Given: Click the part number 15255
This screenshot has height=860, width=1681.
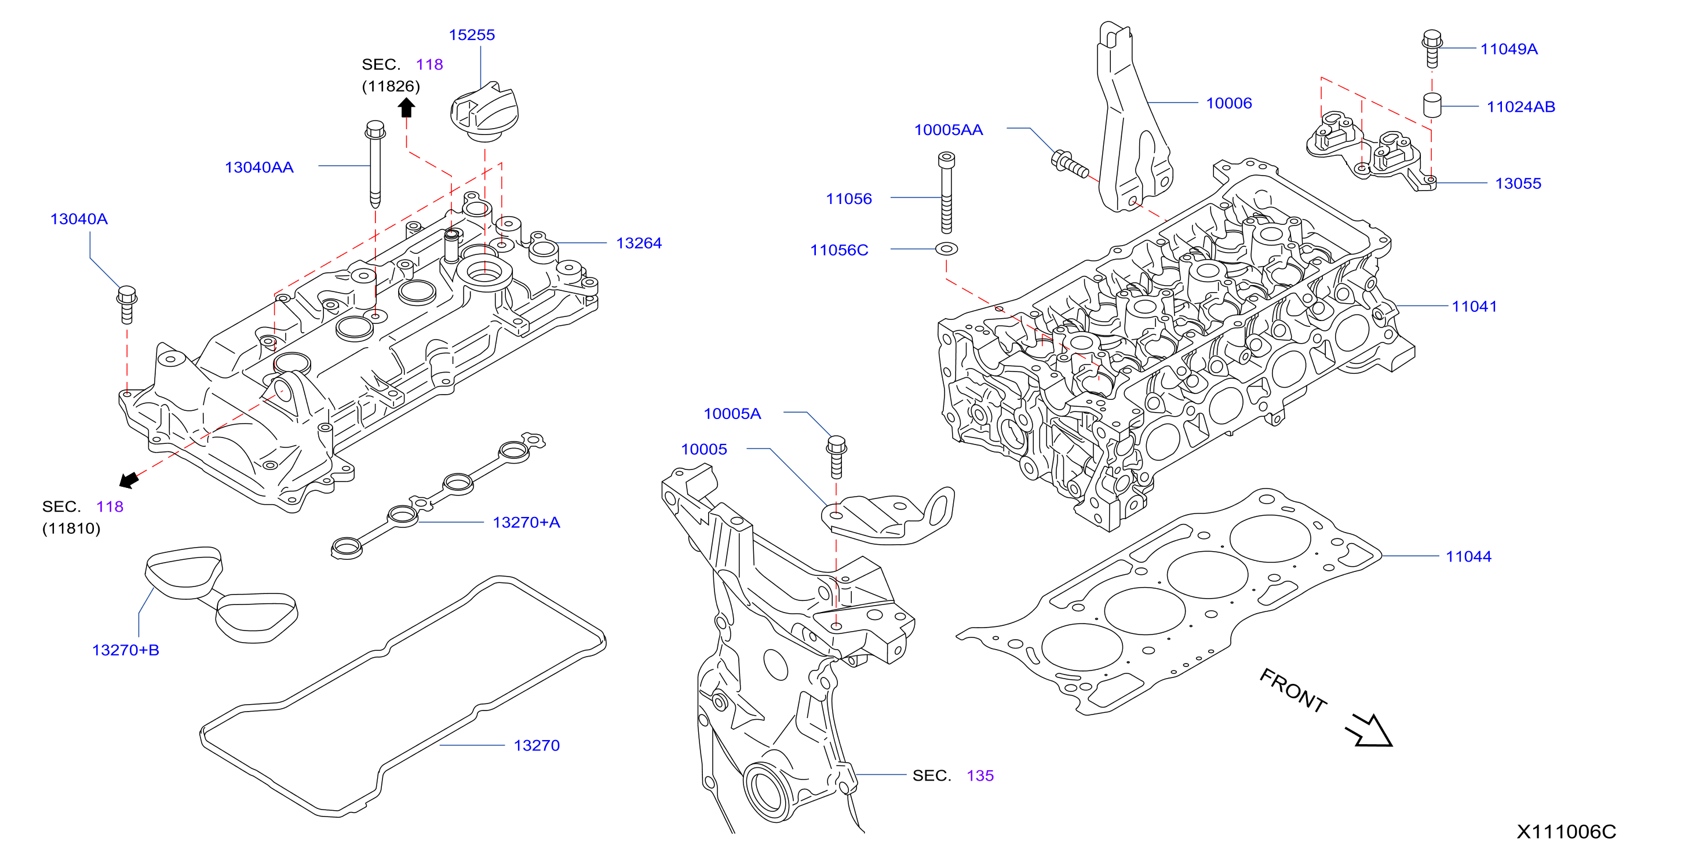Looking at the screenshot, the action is (471, 35).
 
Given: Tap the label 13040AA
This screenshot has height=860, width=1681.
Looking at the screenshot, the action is (259, 167).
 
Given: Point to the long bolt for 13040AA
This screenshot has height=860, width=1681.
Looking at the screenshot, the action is (375, 165).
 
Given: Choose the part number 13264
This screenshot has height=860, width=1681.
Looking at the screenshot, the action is (639, 243).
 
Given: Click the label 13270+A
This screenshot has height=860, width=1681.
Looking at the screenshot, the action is (526, 522).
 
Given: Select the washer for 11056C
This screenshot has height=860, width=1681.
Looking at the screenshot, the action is (946, 249).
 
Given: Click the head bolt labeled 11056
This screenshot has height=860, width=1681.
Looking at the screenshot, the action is (946, 192).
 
